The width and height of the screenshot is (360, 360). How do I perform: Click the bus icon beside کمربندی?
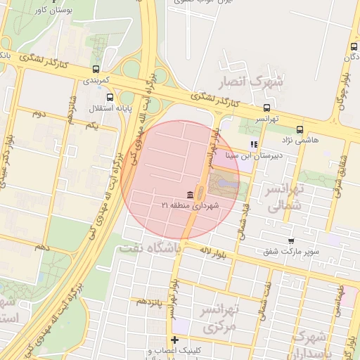point(96,70)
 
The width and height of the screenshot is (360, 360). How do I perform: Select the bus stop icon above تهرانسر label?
point(266,108)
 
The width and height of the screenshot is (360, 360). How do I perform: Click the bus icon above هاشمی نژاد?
point(300,129)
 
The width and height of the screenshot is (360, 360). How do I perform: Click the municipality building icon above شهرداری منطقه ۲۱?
point(191,194)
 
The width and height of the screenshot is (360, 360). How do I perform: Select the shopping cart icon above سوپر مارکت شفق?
point(291,241)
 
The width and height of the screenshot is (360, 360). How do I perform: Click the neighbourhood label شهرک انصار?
point(253,82)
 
